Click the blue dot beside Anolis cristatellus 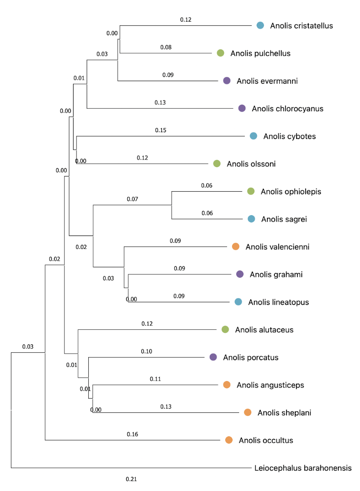click(260, 25)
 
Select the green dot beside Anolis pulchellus click(220, 53)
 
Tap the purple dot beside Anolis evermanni click(227, 81)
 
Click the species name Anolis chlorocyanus click(287, 109)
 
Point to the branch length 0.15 click(160, 130)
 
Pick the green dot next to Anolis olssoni click(217, 164)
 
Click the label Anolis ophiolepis click(291, 192)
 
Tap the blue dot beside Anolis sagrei click(251, 219)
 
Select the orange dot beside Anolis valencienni click(235, 247)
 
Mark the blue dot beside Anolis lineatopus click(238, 302)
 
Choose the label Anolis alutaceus click(264, 330)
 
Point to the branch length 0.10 click(147, 352)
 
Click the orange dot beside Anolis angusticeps click(227, 385)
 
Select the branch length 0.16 click(132, 434)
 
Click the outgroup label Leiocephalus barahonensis click(303, 468)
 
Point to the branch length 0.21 click(131, 479)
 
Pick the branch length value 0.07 click(132, 199)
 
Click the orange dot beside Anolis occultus click(229, 440)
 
